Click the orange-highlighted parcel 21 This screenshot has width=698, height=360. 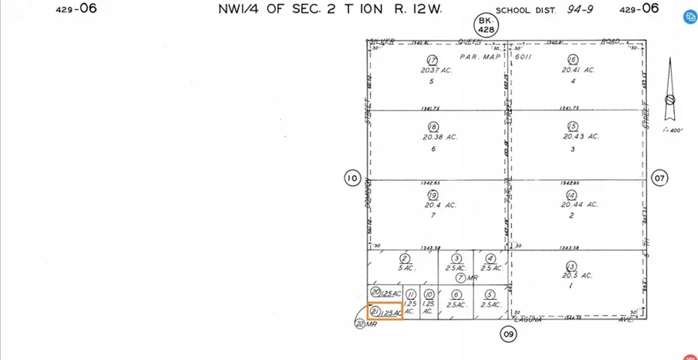385,311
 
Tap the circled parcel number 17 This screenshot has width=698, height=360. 432,61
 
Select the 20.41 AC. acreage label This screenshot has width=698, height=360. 579,70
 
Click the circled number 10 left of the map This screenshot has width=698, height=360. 352,178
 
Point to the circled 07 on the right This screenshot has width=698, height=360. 660,178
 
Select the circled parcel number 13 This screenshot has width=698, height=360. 571,266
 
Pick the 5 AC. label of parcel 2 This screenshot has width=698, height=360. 406,267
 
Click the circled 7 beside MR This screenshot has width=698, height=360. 460,277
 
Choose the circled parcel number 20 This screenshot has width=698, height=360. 376,291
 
